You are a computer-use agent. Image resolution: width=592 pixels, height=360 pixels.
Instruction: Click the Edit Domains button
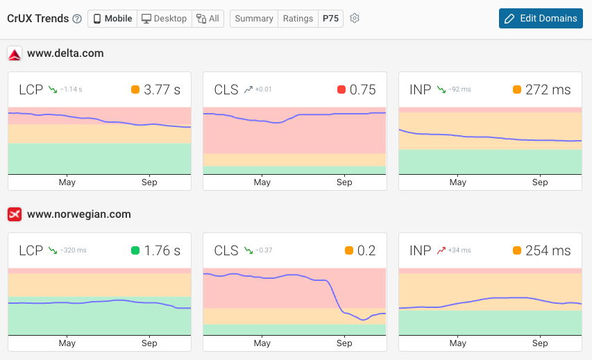pyautogui.click(x=540, y=19)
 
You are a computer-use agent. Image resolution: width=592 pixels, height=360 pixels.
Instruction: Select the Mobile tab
pyautogui.click(x=112, y=19)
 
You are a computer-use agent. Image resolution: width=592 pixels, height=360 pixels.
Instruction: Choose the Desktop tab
pyautogui.click(x=164, y=19)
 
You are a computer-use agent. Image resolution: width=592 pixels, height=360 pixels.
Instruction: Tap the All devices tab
pyautogui.click(x=208, y=19)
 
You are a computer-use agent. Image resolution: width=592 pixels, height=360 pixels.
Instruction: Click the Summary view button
pyautogui.click(x=253, y=19)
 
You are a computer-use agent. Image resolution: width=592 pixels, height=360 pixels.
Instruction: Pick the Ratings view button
pyautogui.click(x=298, y=19)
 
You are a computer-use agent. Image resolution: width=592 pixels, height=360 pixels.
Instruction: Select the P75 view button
pyautogui.click(x=330, y=19)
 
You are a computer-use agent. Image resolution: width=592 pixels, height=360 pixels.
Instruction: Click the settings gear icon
pyautogui.click(x=355, y=19)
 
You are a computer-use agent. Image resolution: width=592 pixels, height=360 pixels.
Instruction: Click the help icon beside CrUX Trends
pyautogui.click(x=77, y=19)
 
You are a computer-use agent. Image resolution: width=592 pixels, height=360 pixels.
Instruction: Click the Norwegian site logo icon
pyautogui.click(x=15, y=214)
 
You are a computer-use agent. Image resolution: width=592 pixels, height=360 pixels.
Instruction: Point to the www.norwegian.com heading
pyautogui.click(x=78, y=214)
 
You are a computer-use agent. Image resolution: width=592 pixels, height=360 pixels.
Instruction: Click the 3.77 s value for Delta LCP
pyautogui.click(x=162, y=89)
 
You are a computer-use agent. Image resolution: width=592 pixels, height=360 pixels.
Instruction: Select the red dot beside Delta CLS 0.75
pyautogui.click(x=341, y=89)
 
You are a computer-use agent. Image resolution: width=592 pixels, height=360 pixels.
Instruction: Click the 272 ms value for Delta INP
pyautogui.click(x=548, y=89)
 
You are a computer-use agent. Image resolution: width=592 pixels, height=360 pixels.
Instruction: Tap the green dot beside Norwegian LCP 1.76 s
pyautogui.click(x=135, y=250)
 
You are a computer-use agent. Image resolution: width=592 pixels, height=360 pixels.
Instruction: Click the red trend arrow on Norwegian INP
pyautogui.click(x=441, y=250)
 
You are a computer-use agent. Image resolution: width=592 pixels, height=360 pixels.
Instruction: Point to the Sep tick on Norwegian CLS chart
pyautogui.click(x=344, y=343)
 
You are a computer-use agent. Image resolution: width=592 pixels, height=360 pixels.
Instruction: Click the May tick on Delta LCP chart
pyautogui.click(x=67, y=182)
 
